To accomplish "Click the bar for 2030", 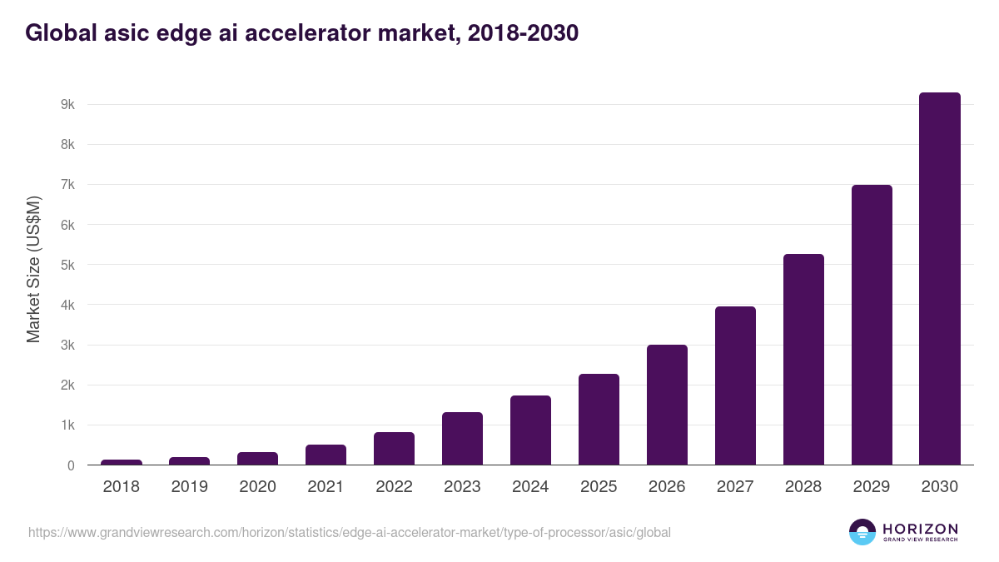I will click(x=939, y=278).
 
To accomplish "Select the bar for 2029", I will click(x=872, y=325).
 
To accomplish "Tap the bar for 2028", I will click(x=803, y=359).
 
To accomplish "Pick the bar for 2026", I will click(x=667, y=405).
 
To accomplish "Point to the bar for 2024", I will click(x=530, y=430).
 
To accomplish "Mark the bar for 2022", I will click(x=394, y=448).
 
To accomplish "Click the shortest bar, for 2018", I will click(x=122, y=461).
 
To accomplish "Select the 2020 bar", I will click(x=257, y=458).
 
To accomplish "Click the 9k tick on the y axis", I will click(x=67, y=105).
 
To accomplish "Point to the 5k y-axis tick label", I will click(x=67, y=265).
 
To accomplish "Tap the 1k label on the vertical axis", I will click(x=67, y=425).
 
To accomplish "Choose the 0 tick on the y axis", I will click(x=71, y=465).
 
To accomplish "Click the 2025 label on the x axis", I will click(x=599, y=487).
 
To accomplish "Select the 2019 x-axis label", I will click(x=190, y=487).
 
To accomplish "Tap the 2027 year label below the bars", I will click(x=735, y=487).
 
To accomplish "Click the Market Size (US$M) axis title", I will click(x=33, y=269).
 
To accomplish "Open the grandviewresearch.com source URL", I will click(x=349, y=532).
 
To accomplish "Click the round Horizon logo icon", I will click(x=862, y=532).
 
